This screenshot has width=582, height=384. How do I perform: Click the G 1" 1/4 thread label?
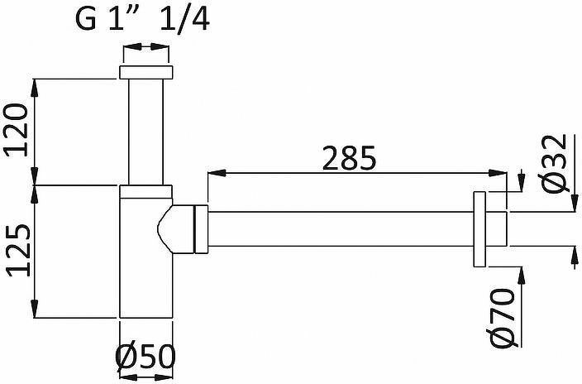point(142,19)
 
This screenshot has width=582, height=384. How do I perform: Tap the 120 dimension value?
point(16,130)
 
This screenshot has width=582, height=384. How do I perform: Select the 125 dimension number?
point(17,251)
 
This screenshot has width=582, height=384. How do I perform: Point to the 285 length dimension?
point(349,158)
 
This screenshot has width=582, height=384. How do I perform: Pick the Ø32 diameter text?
point(554,164)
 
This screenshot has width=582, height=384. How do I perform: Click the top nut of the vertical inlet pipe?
point(145,72)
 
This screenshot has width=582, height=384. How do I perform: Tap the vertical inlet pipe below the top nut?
point(145,132)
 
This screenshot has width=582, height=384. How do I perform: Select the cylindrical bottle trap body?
point(145,257)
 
